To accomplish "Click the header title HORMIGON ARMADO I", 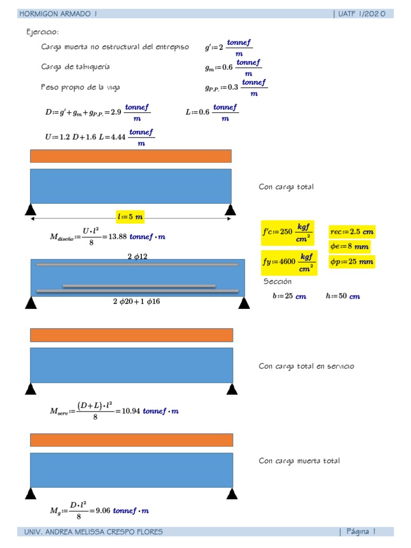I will click(x=62, y=14).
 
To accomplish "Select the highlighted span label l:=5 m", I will click(x=130, y=217).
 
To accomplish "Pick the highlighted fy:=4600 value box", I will click(x=288, y=262).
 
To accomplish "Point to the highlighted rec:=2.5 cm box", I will click(x=352, y=232).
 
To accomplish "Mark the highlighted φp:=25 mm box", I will click(x=352, y=262).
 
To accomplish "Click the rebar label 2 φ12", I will click(x=138, y=256).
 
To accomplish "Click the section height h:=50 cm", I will click(x=342, y=296).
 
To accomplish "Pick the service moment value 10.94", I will click(x=131, y=411).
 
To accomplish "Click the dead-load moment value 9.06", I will click(x=103, y=511).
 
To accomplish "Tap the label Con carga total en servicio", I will click(x=306, y=367).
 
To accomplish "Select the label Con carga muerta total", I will click(x=299, y=461).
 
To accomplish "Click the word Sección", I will click(x=278, y=281).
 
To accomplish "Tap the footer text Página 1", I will click(x=361, y=531).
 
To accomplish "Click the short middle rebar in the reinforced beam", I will click(x=139, y=286).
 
